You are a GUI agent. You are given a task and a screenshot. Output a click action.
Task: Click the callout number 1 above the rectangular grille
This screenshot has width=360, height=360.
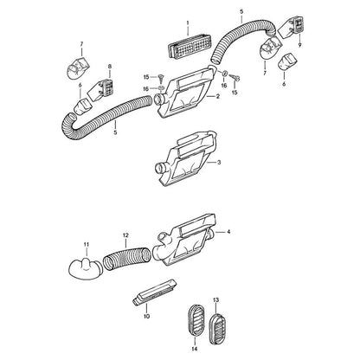tap(188, 22)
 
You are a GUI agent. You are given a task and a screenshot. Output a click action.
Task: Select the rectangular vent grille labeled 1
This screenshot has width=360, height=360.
tap(190, 46)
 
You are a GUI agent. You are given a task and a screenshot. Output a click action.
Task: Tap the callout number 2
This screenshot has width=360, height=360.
tap(218, 97)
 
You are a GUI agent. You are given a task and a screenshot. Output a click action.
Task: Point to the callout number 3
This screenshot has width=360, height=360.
tap(219, 163)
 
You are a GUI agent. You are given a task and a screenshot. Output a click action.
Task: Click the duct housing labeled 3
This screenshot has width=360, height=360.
tap(186, 158)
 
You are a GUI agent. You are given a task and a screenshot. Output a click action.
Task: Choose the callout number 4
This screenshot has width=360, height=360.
tap(228, 231)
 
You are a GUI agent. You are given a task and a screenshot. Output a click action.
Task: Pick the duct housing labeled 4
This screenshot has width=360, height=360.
tap(184, 240)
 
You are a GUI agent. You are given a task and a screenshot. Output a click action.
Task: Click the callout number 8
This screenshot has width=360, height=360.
tap(110, 67)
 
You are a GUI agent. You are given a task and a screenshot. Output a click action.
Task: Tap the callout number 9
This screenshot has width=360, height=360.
tap(299, 45)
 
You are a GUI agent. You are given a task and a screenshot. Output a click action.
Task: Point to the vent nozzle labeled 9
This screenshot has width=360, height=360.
tap(291, 28)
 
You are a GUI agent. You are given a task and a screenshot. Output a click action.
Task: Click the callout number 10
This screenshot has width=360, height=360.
tap(146, 317)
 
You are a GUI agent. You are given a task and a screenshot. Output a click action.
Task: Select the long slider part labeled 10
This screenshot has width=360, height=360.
tap(154, 292)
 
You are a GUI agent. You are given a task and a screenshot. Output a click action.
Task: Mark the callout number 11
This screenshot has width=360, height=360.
tap(87, 245)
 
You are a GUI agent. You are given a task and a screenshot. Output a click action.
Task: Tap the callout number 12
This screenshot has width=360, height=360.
tap(125, 235)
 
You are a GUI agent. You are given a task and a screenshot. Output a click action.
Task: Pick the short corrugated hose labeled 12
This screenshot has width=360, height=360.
tap(127, 258)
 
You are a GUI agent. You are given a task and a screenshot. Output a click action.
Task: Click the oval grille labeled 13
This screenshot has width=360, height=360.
tap(217, 329)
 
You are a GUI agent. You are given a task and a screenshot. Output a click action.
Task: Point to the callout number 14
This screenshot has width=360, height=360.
tap(195, 349)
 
